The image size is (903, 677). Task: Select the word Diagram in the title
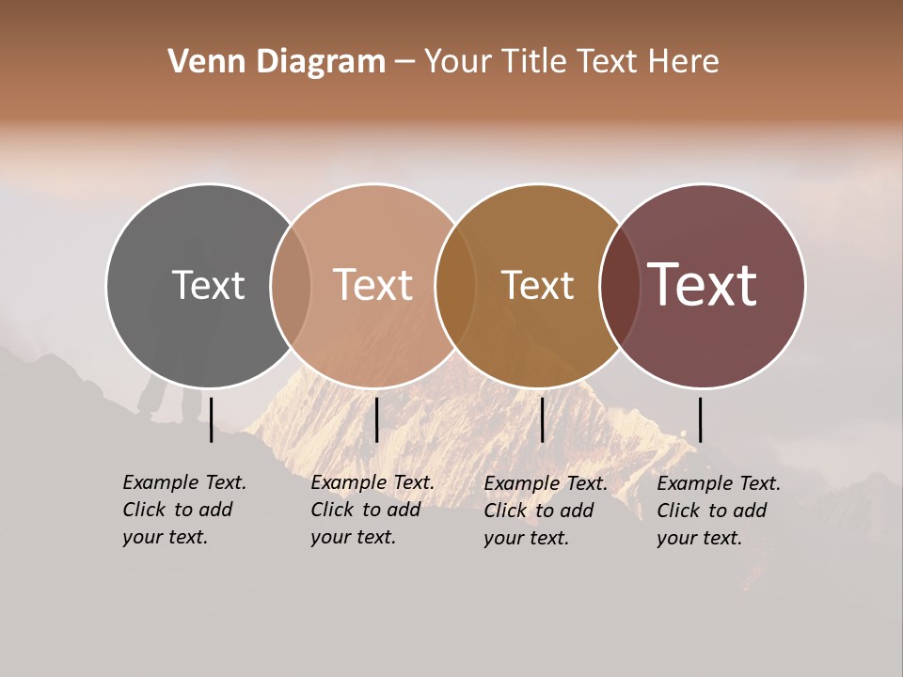[x=321, y=62]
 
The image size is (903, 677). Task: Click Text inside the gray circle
[x=208, y=285]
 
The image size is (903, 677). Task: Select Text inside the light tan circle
[x=373, y=285]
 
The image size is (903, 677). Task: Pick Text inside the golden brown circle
[x=538, y=285]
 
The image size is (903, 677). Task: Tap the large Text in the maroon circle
[x=703, y=285]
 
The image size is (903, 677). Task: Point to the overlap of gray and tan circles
[x=291, y=286]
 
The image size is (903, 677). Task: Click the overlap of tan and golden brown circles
[x=455, y=286]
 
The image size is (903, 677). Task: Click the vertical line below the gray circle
[x=211, y=419]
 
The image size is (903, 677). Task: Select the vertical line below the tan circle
[x=376, y=419]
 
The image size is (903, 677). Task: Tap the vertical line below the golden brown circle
[x=542, y=419]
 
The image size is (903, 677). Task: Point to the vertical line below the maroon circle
[x=700, y=419]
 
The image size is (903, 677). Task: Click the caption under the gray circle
[x=184, y=510]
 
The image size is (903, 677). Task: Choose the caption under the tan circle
[x=372, y=510]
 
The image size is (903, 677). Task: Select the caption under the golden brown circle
[x=546, y=511]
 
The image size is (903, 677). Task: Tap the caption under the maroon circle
[x=719, y=511]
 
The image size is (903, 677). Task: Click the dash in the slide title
[x=404, y=63]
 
